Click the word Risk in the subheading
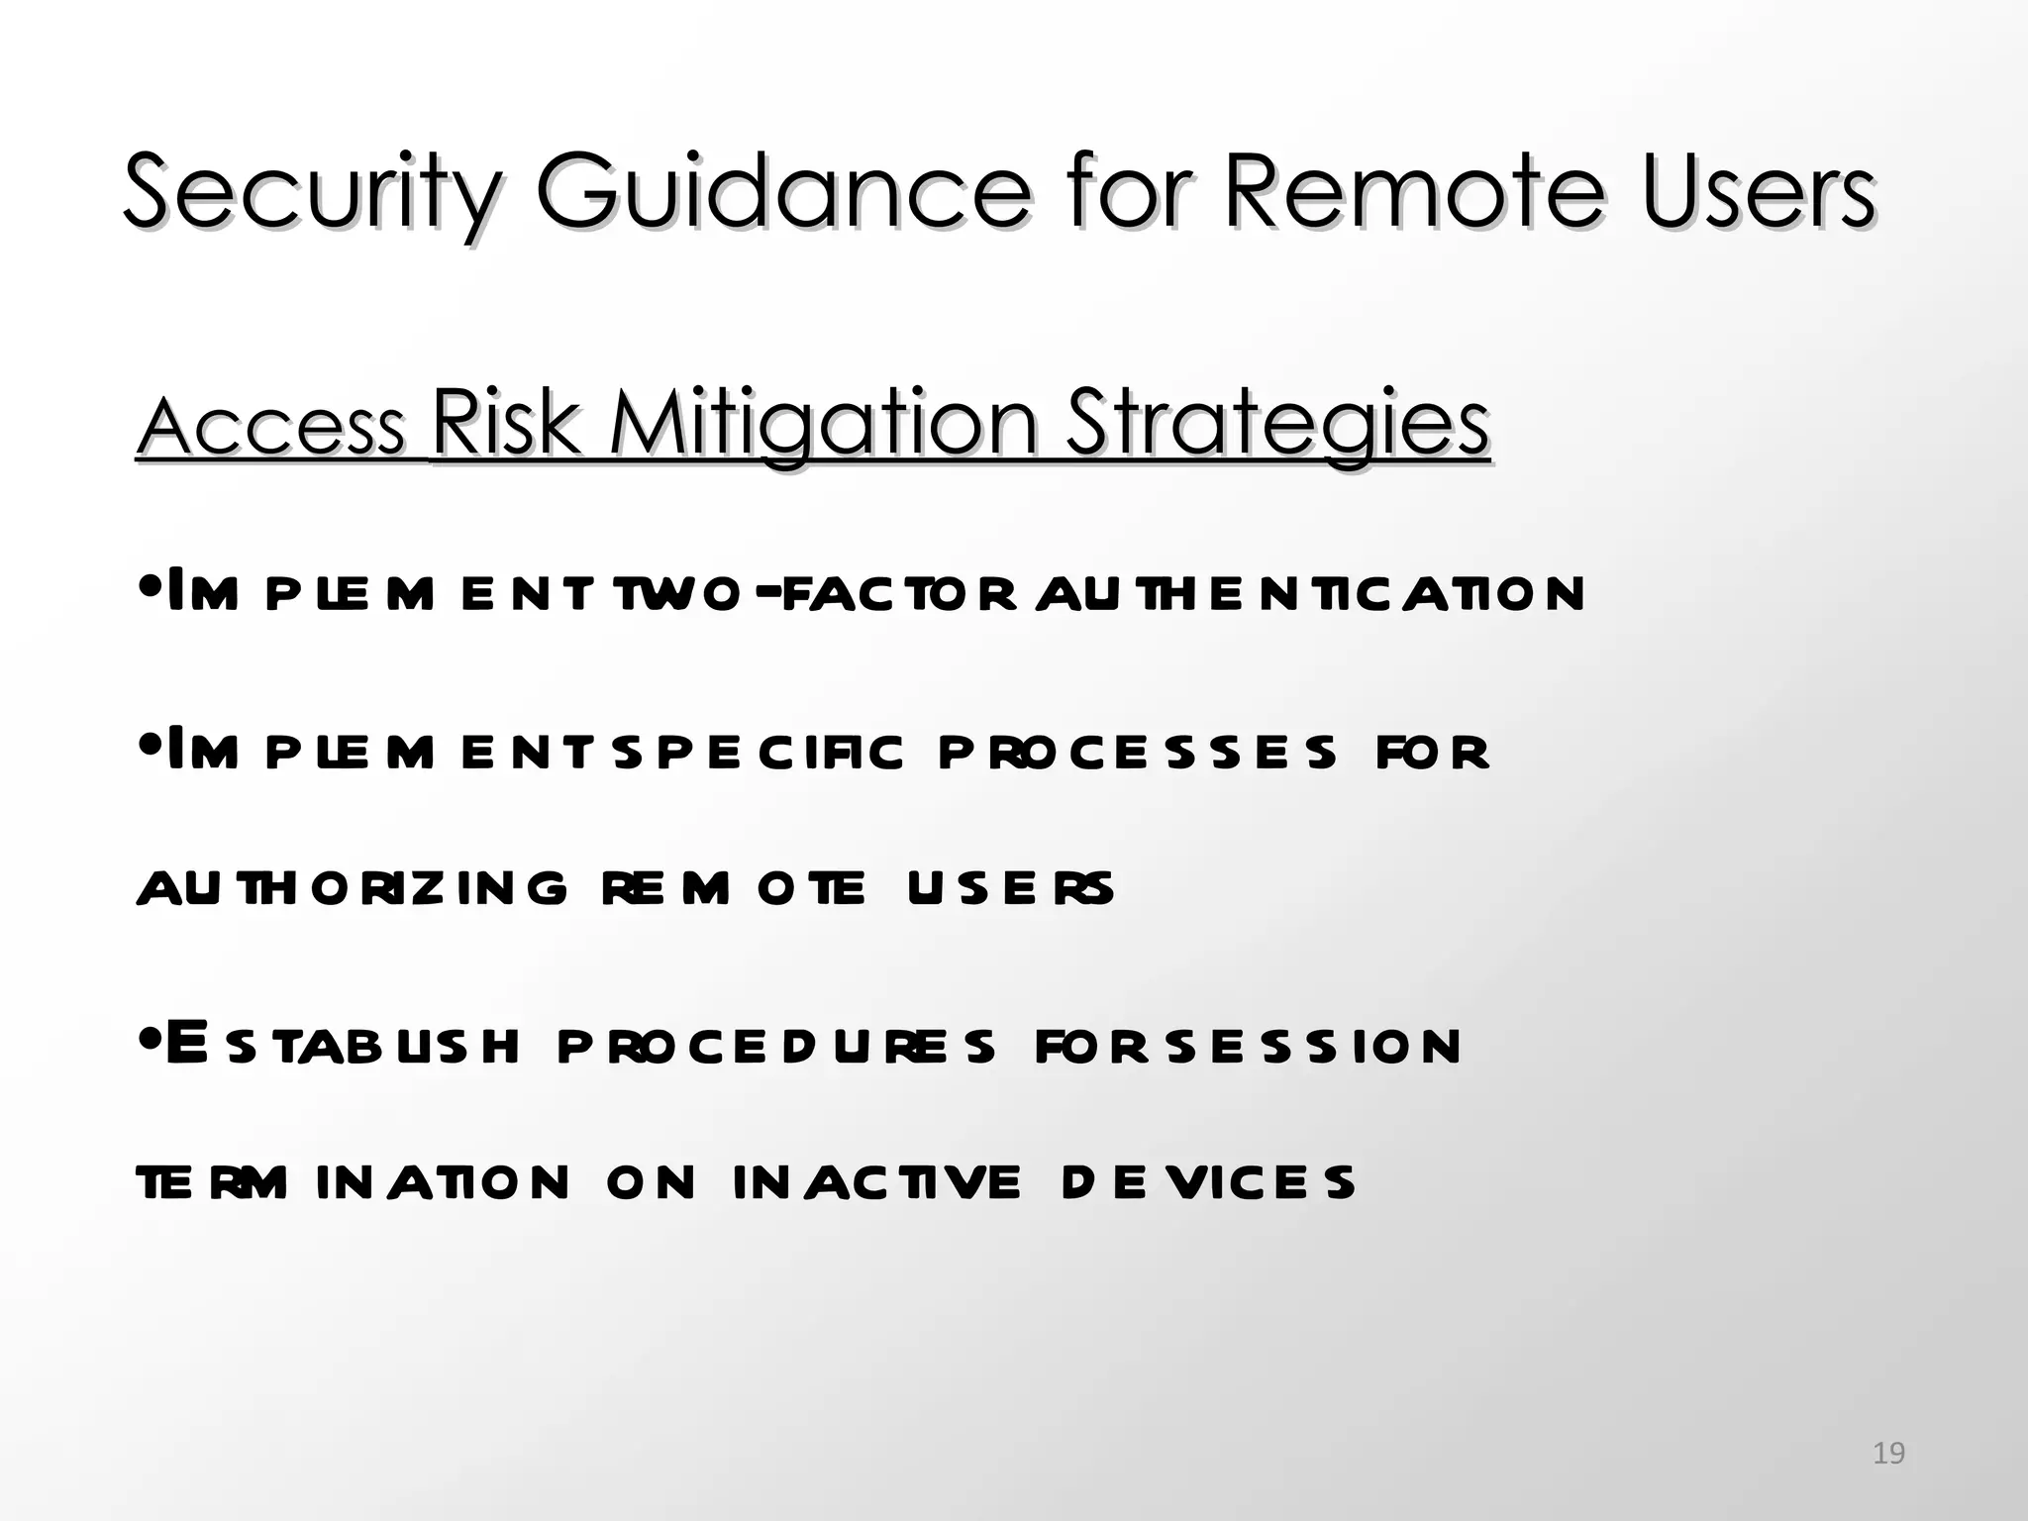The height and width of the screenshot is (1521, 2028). tap(505, 424)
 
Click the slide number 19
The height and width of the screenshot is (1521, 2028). tap(1888, 1454)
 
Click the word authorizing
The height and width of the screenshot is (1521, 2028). tap(352, 888)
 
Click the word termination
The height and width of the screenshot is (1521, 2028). tap(352, 1182)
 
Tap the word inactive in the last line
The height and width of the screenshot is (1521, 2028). tap(876, 1182)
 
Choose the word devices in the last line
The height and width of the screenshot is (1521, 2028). tap(1207, 1182)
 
